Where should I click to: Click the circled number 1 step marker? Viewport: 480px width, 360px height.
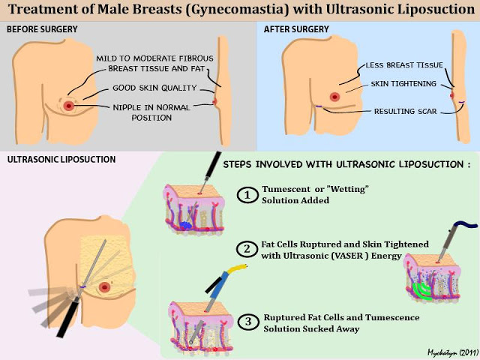247,196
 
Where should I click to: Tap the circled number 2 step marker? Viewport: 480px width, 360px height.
247,249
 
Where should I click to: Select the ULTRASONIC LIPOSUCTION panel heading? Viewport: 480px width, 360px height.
61,159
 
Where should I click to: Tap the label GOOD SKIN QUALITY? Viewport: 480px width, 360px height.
154,88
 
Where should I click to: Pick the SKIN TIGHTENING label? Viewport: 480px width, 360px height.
403,84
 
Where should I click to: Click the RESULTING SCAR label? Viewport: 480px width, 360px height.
404,111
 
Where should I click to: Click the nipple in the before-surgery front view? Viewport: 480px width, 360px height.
68,106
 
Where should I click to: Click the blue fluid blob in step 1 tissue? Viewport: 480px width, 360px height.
185,225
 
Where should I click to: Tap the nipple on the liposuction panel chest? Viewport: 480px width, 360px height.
105,286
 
